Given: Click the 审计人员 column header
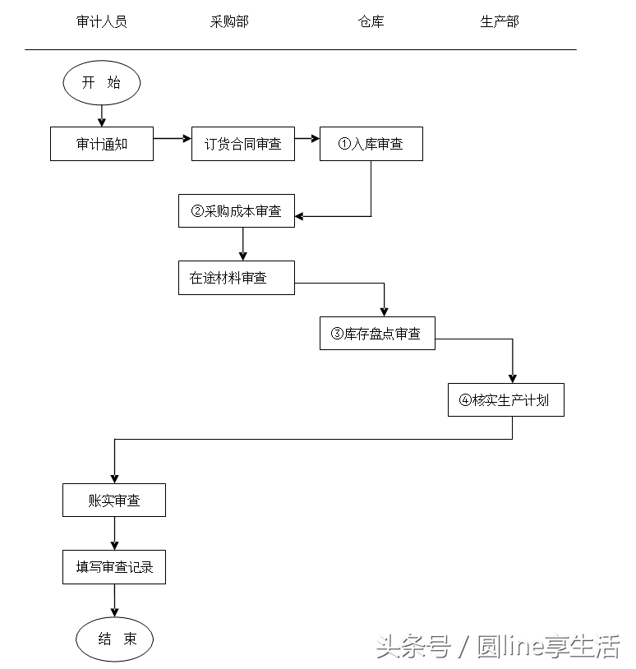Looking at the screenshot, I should click(101, 22).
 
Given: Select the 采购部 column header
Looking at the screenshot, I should click(229, 22).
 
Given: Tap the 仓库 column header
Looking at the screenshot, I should click(371, 22).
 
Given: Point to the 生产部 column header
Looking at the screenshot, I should click(500, 22).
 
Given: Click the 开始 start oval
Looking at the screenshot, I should click(102, 83).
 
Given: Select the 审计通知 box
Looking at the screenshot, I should click(102, 144).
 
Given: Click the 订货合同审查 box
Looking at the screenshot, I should click(242, 144).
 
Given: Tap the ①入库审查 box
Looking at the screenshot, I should click(371, 144).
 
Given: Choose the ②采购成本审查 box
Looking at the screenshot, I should click(236, 211).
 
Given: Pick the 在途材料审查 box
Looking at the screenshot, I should click(236, 278).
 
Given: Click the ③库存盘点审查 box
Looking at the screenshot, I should click(377, 333).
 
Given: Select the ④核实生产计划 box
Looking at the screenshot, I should click(505, 400).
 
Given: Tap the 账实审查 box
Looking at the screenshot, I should click(114, 501).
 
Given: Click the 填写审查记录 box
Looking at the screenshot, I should click(114, 567).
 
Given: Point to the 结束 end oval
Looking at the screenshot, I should click(114, 639).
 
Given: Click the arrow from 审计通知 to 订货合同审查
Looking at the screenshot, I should click(172, 139).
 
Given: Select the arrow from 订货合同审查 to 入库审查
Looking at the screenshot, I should click(306, 139).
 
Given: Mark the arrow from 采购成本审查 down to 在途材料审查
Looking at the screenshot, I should click(242, 244).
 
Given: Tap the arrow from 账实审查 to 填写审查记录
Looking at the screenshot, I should click(114, 533).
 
